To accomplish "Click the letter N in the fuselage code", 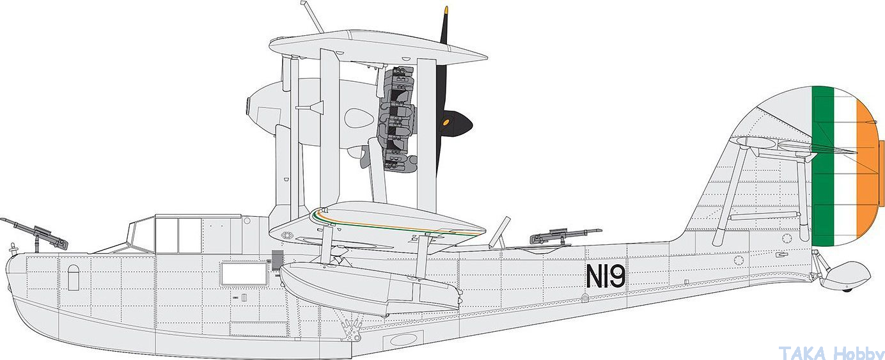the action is pyautogui.click(x=595, y=276).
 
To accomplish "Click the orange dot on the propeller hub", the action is pyautogui.click(x=446, y=123).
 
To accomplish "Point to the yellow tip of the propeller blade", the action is pyautogui.click(x=446, y=10).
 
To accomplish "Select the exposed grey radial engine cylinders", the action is pyautogui.click(x=396, y=118).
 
